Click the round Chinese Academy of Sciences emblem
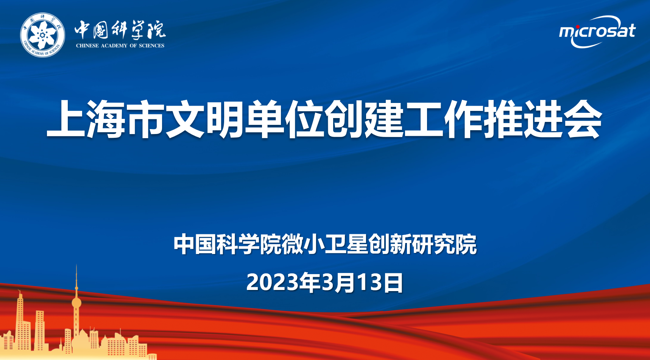42,35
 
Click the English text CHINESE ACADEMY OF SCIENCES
120,45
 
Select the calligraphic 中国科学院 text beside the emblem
120,30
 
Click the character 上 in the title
66,118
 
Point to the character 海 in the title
106,118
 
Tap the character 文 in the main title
185,118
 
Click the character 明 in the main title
225,118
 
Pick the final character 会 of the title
582,118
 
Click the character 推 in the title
503,118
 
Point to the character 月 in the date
345,282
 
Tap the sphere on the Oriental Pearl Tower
76,303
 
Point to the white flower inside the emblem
42,35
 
